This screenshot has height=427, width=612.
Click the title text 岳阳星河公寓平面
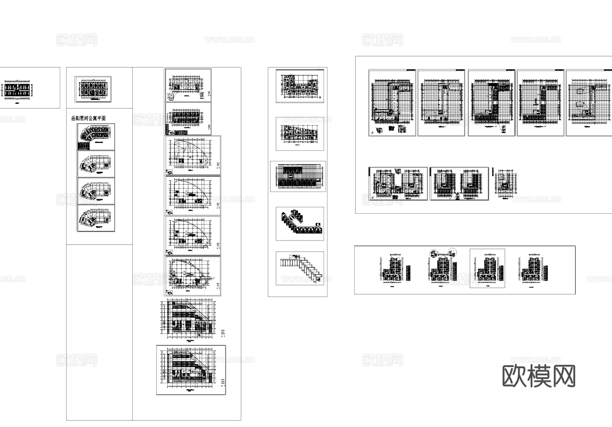click(x=88, y=118)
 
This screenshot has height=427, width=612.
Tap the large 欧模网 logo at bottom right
click(x=539, y=376)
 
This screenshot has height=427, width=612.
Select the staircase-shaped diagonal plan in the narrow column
click(x=300, y=268)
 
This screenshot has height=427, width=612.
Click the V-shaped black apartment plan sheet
click(x=300, y=224)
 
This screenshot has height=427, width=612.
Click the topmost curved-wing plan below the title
click(x=96, y=137)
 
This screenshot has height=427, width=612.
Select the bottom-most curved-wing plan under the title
click(x=96, y=218)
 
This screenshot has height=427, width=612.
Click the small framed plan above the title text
click(x=93, y=89)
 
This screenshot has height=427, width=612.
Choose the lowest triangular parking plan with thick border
click(x=191, y=370)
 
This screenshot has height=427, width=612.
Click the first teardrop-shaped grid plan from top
click(x=192, y=155)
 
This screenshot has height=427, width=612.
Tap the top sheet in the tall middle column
click(x=188, y=85)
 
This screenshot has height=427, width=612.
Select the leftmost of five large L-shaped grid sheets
click(x=392, y=103)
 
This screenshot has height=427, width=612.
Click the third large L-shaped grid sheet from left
click(x=492, y=103)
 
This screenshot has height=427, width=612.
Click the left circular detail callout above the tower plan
click(x=434, y=253)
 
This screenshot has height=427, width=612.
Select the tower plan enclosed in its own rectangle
click(x=487, y=268)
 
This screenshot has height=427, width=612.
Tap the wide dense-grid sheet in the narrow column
click(x=298, y=176)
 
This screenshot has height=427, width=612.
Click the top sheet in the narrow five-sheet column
click(x=300, y=86)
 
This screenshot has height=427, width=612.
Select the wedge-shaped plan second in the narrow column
click(x=300, y=134)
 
